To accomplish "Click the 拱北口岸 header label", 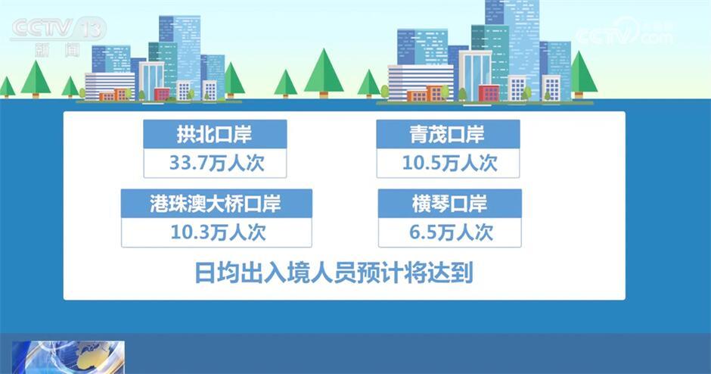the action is coord(215,134).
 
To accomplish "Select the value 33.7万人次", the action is coord(217,164).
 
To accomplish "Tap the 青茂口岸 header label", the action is coord(447,134).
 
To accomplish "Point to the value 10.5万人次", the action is coord(449,164).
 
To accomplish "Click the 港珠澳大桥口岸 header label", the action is coord(216,204).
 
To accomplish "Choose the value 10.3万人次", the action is coord(218,233).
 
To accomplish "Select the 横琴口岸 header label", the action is coord(449,204).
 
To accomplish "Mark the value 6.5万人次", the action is coord(451,233).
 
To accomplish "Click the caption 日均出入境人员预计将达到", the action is coord(334,273).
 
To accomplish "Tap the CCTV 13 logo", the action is coord(58,36).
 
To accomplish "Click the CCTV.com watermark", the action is coord(624,31).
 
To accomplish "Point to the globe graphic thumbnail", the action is coord(68,357).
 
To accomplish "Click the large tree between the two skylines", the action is coord(324,73).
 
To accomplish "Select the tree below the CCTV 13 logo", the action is coord(36,79).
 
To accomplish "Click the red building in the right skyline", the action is coord(489,93).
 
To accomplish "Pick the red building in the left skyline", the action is coord(162,95).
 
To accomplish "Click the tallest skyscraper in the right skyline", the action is coord(513,49).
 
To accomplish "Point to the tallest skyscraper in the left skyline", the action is coord(180,57).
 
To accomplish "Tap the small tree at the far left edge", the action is coord(6,87).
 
